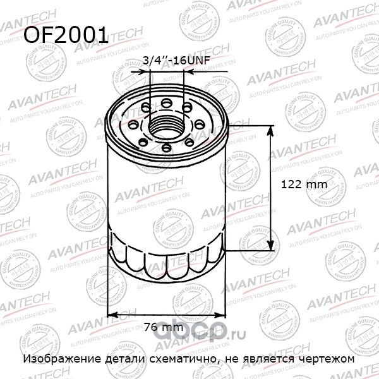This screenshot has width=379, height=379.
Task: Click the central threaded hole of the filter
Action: click(167, 124)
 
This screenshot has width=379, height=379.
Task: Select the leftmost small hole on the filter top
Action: click(133, 124)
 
